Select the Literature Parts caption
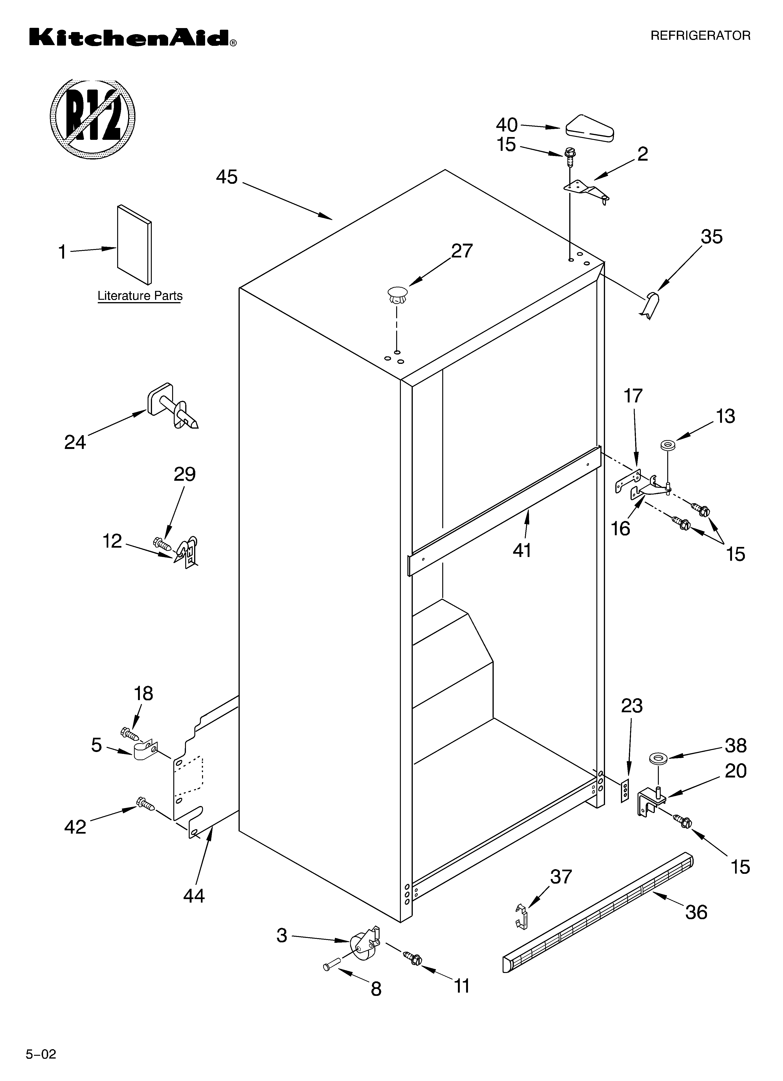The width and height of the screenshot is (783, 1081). click(x=140, y=296)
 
